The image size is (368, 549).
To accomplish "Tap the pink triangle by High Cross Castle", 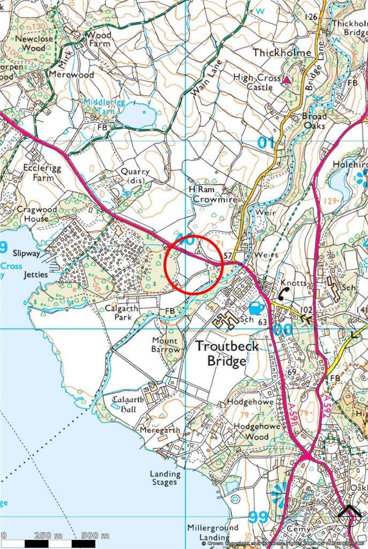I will click(287, 80).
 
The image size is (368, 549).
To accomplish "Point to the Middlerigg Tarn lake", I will click(137, 114).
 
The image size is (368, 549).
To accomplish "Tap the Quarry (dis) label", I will click(134, 175).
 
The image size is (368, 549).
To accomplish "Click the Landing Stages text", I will click(163, 478).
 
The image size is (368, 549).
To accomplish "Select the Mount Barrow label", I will click(164, 345).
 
